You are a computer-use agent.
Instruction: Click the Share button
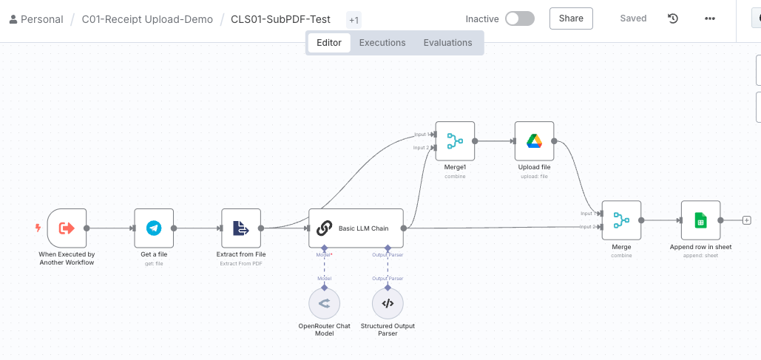tap(571, 18)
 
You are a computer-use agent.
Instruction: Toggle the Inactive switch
tap(519, 19)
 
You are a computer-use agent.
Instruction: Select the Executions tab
tap(382, 43)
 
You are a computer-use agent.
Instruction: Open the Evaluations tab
tap(447, 43)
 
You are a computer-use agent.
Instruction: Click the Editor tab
tap(329, 43)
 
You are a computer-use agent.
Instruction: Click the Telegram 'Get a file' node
tap(154, 228)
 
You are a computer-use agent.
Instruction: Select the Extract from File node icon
tap(241, 228)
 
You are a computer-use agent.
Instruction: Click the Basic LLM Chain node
tap(356, 228)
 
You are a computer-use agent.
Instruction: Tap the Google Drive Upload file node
tap(534, 140)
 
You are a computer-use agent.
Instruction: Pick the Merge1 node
tap(455, 140)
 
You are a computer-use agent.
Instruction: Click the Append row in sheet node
tap(700, 220)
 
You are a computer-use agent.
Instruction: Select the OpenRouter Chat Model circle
tap(324, 303)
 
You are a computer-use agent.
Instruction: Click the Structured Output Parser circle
tap(388, 303)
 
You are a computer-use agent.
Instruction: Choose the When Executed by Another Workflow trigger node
tap(67, 228)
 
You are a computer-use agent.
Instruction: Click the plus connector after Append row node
tap(746, 220)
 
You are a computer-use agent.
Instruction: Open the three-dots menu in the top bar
tap(710, 19)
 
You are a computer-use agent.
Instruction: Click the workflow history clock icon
tap(673, 19)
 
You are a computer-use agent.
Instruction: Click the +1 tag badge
tap(354, 20)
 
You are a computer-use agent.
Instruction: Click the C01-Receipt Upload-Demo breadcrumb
tap(147, 19)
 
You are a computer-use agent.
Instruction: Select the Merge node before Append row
tap(621, 220)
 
